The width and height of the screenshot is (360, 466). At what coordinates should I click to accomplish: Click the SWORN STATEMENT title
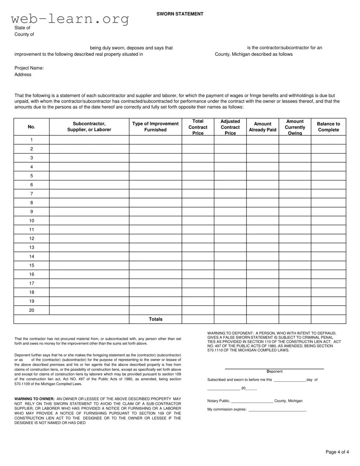click(x=180, y=14)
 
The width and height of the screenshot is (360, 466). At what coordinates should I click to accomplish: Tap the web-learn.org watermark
click(x=70, y=19)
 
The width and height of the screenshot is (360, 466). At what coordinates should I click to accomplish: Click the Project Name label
click(x=29, y=68)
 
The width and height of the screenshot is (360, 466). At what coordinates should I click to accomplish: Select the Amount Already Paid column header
click(x=262, y=127)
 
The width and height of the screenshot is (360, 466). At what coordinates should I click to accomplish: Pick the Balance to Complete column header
click(x=328, y=127)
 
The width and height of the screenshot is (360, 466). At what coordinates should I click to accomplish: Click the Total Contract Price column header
click(x=198, y=127)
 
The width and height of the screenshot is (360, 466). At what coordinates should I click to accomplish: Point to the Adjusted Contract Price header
click(x=230, y=127)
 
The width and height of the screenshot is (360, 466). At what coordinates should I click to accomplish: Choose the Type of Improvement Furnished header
click(x=155, y=127)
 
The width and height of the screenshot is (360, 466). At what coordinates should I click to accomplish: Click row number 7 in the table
click(x=32, y=194)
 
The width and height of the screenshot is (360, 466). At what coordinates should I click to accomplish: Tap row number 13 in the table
click(x=32, y=248)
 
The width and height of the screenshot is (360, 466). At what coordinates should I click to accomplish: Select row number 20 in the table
click(x=32, y=310)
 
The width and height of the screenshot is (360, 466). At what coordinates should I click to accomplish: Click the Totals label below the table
click(x=156, y=319)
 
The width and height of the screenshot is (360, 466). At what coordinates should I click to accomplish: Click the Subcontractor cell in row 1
click(x=89, y=140)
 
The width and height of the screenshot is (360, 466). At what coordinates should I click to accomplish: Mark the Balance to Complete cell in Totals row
click(x=328, y=319)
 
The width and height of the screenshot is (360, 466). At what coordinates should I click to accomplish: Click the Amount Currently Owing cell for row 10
click(x=295, y=221)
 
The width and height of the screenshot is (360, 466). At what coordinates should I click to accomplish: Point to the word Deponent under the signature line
click(x=274, y=372)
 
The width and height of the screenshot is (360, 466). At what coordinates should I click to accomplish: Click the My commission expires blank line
click(x=277, y=410)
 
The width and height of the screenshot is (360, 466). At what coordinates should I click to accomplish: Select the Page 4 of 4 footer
click(x=337, y=452)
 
